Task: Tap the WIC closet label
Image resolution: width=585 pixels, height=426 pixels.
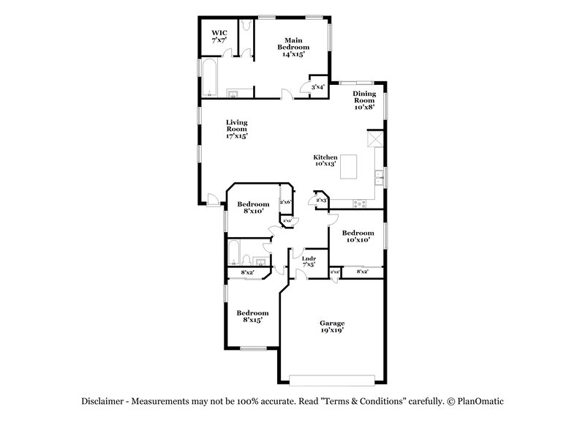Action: [218, 37]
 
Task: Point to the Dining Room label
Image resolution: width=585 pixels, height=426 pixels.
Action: [364, 100]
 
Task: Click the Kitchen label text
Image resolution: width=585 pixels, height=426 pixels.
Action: [325, 160]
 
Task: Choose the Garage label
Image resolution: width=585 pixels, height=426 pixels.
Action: [331, 326]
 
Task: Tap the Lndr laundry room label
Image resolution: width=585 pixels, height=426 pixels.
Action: [309, 261]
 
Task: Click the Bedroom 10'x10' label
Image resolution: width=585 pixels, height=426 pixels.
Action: [358, 236]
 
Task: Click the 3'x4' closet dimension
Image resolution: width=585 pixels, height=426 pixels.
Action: [318, 87]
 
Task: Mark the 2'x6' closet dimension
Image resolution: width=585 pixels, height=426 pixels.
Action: [286, 202]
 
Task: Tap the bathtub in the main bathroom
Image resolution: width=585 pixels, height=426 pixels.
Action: [209, 79]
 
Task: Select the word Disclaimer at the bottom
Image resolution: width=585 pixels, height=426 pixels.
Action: [102, 402]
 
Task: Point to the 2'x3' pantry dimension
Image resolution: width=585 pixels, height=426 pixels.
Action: [321, 200]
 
